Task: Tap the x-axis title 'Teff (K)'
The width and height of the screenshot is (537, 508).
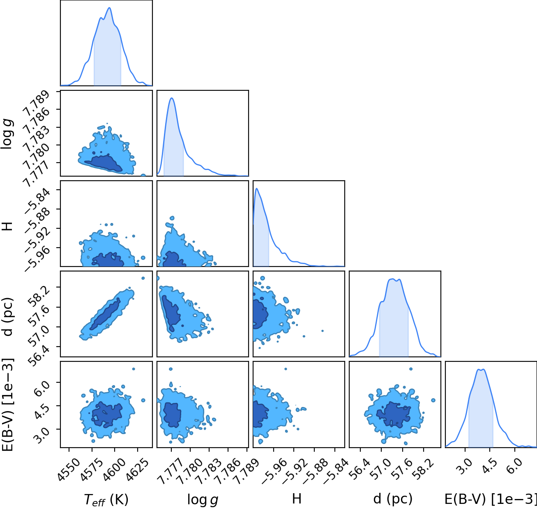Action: click(x=106, y=499)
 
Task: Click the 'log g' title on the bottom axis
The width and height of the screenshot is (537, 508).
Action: click(x=203, y=500)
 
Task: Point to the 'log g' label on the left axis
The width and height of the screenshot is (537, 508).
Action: click(x=7, y=133)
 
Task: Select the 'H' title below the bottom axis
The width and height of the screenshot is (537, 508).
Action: click(x=297, y=499)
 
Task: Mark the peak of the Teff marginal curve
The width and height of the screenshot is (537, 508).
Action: click(x=109, y=8)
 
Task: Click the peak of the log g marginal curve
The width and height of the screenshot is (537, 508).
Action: click(x=171, y=98)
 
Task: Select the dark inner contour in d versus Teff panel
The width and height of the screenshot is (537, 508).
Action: click(x=105, y=314)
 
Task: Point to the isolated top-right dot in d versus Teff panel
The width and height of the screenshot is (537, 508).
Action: click(x=143, y=278)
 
